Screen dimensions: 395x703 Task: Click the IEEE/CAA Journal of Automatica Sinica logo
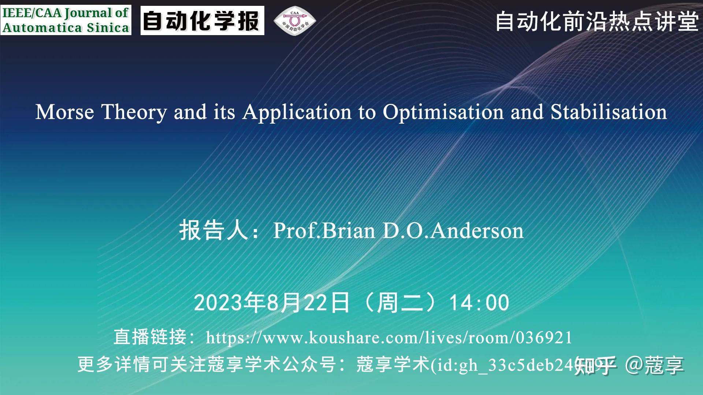[x=66, y=20]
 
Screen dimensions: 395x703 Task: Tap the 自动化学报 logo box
[x=202, y=20]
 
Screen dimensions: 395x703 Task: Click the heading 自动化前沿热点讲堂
[x=597, y=21]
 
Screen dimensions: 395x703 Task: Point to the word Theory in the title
[x=134, y=112]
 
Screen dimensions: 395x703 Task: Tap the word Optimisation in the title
[x=443, y=112]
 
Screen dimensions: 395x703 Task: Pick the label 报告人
[x=214, y=230]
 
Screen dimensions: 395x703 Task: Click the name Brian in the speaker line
[x=349, y=230]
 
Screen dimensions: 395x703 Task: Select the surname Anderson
[x=477, y=230]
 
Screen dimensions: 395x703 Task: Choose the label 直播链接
[x=150, y=337]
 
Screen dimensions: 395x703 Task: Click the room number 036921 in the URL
[x=544, y=337]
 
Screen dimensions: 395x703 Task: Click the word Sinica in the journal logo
[x=108, y=28]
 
